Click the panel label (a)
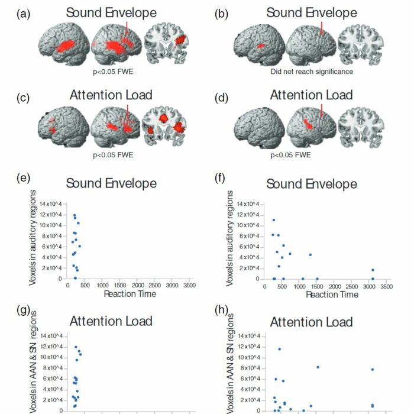[x=23, y=14]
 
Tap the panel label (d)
[x=221, y=98]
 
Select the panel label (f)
[x=219, y=178]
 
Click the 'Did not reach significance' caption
[x=312, y=72]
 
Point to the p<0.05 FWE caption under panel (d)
[x=290, y=155]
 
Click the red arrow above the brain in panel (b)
[x=322, y=28]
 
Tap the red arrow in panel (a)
[x=127, y=28]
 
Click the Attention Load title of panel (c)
[x=111, y=95]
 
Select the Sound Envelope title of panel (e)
[x=111, y=183]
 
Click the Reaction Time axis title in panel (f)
[x=332, y=295]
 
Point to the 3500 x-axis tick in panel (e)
[x=189, y=286]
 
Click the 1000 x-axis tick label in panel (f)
[x=299, y=287]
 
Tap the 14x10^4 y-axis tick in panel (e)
[x=50, y=204]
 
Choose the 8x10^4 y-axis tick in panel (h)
[x=249, y=368]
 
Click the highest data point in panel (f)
[x=274, y=220]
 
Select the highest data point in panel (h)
[x=279, y=349]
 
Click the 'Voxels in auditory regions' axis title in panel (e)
[x=32, y=238]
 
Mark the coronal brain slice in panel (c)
[x=164, y=126]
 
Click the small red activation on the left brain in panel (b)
[x=261, y=46]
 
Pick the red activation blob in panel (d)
[x=308, y=124]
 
